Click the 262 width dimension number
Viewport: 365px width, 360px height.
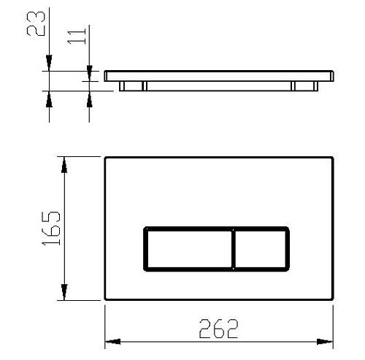point(218,329)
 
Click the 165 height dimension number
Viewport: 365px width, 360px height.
point(51,228)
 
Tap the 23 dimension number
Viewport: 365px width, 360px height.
point(36,24)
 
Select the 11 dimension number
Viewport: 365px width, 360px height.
point(77,37)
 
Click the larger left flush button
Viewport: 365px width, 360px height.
point(189,249)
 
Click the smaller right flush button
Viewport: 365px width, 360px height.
point(261,249)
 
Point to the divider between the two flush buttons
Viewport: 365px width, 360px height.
point(234,249)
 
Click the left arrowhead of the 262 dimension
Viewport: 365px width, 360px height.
point(112,342)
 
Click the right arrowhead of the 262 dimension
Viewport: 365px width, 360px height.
point(325,342)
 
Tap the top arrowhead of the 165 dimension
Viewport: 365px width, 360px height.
point(64,165)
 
